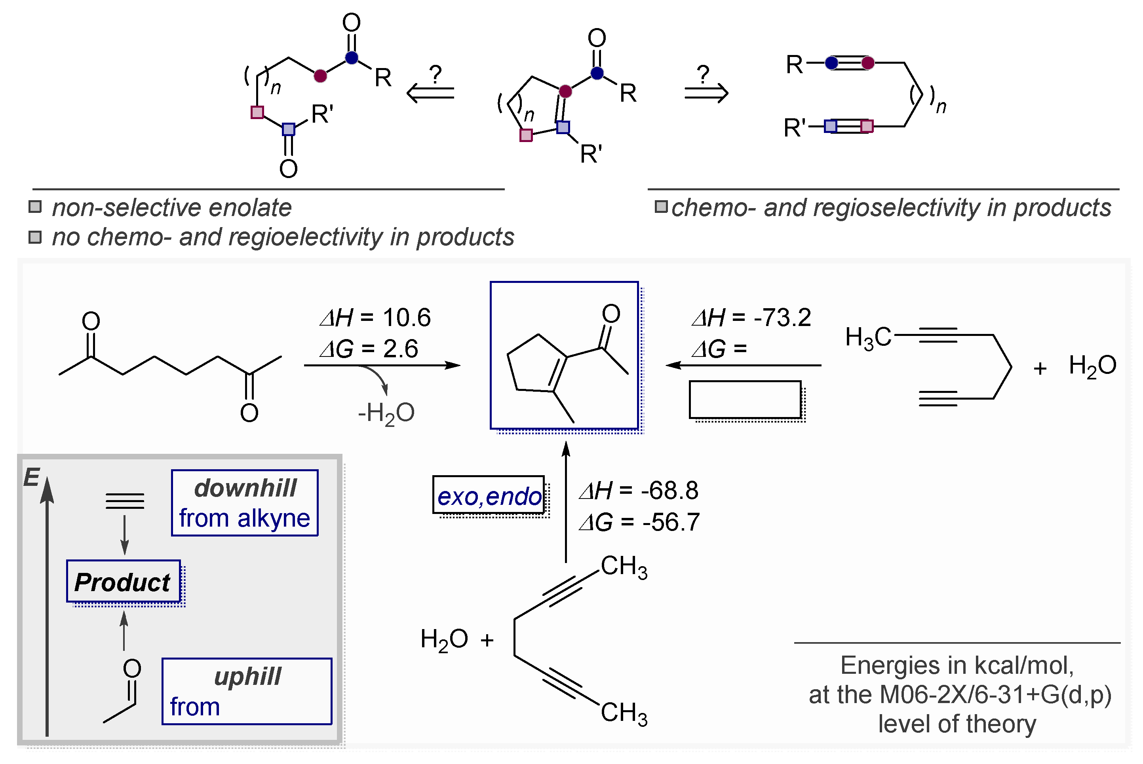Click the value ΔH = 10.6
point(375,318)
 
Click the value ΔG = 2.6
point(369,349)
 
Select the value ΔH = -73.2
point(751,318)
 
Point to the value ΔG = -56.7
point(639,522)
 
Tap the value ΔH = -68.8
point(639,491)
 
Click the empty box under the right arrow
point(744,400)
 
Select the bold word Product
point(122,582)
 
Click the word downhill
point(245,488)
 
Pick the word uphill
point(247,676)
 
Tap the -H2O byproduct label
point(386,413)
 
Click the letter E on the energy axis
point(32,477)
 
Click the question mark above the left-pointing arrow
point(435,74)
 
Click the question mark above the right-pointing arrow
point(702,74)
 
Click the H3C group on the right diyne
point(867,337)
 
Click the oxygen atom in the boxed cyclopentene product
point(611,313)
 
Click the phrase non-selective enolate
point(171,208)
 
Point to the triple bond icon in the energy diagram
point(125,501)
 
